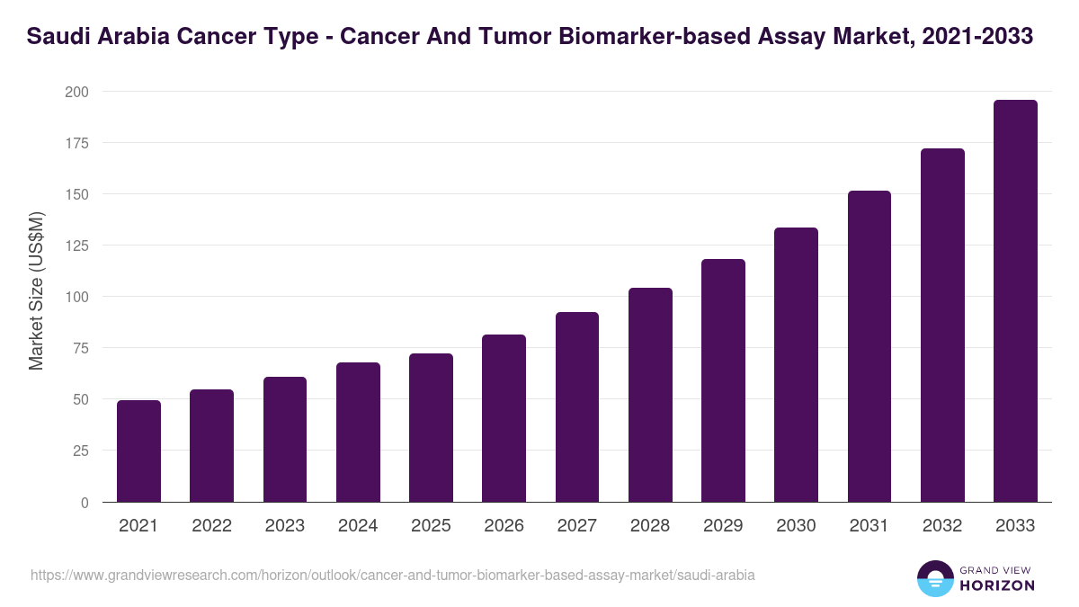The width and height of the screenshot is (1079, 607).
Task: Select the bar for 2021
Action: pyautogui.click(x=138, y=451)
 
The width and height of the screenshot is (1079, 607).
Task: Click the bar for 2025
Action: pyautogui.click(x=431, y=428)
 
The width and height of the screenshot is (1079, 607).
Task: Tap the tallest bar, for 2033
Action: pyautogui.click(x=1015, y=301)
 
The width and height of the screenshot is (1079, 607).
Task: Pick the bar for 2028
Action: pyautogui.click(x=650, y=395)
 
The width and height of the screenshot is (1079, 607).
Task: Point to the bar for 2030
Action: pyautogui.click(x=796, y=365)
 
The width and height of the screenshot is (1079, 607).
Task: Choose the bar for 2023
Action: pyautogui.click(x=285, y=440)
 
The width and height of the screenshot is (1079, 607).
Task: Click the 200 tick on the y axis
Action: pyautogui.click(x=76, y=92)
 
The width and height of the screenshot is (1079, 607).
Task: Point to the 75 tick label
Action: pyautogui.click(x=80, y=348)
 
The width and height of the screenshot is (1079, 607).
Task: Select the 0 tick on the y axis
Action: pyautogui.click(x=85, y=502)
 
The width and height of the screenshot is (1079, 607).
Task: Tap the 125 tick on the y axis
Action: pyautogui.click(x=76, y=245)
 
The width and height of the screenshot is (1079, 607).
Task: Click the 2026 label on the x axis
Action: pyautogui.click(x=504, y=526)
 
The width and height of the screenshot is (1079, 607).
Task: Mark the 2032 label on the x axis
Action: pyautogui.click(x=942, y=526)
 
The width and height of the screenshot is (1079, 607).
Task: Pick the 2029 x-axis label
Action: pyautogui.click(x=723, y=526)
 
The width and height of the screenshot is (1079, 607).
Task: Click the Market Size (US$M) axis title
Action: pyautogui.click(x=36, y=290)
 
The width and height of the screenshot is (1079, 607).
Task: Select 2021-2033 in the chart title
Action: pyautogui.click(x=980, y=37)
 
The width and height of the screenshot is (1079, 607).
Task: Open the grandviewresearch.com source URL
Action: pyautogui.click(x=393, y=575)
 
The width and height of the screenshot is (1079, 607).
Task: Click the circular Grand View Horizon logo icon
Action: pyautogui.click(x=934, y=578)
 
